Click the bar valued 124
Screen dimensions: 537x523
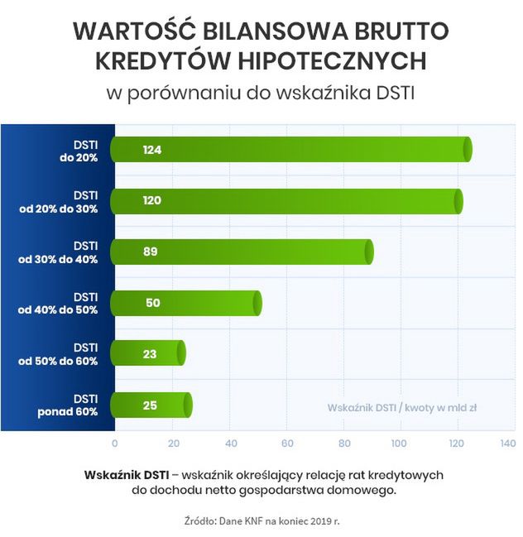coord(290,150)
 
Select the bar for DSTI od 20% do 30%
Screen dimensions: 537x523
coord(285,201)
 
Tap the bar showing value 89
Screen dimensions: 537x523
coord(241,252)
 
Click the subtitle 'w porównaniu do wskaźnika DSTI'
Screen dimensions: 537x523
coord(261,92)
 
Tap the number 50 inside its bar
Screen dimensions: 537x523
coord(152,303)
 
